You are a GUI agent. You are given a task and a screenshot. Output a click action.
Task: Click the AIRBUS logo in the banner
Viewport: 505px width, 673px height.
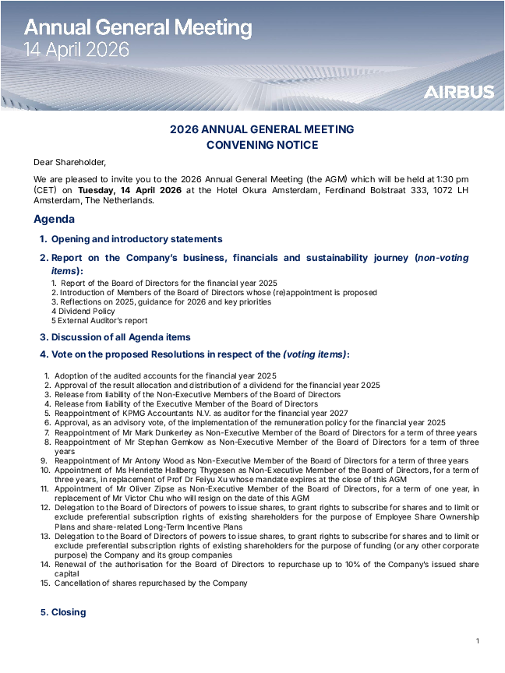[x=458, y=92]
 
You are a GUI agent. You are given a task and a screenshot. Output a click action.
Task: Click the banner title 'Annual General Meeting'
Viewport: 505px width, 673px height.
[x=138, y=29]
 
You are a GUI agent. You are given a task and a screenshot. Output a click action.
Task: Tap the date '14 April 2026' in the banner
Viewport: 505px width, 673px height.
[x=76, y=51]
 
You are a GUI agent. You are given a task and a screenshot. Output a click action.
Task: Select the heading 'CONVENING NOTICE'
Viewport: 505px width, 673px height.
[x=262, y=145]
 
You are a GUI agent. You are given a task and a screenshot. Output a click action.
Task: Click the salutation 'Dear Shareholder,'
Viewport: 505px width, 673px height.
[x=69, y=162]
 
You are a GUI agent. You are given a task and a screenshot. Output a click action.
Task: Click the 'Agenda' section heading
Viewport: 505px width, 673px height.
[x=55, y=219]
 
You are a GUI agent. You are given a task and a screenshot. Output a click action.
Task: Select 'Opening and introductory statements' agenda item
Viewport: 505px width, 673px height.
[x=136, y=239]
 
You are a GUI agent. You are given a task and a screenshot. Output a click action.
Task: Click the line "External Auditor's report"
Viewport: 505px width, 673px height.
[x=102, y=320]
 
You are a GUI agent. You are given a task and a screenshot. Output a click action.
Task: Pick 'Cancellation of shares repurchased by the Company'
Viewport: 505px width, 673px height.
[x=150, y=583]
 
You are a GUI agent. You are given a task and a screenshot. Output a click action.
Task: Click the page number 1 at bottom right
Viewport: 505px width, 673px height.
[x=477, y=641]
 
